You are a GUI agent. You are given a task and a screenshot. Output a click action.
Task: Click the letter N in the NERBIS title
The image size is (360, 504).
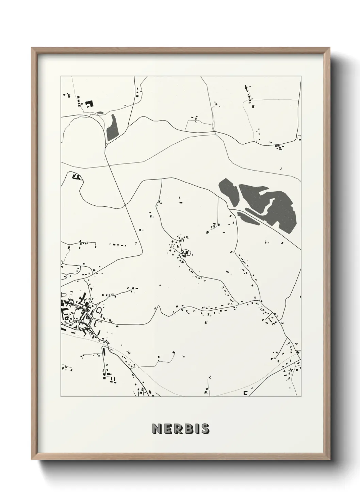[x=157, y=429]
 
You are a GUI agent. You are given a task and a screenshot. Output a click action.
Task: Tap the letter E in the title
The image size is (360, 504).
[x=167, y=429]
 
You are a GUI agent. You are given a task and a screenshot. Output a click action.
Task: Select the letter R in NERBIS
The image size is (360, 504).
[x=177, y=429]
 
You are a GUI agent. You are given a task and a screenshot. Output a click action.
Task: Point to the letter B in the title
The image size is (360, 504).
[x=187, y=429]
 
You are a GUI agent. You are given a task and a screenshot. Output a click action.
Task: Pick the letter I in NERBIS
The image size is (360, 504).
[x=196, y=429]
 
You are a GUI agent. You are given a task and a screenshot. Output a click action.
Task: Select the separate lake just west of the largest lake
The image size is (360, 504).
[x=228, y=193]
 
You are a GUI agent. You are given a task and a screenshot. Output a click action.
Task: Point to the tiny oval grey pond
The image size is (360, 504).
[x=100, y=112]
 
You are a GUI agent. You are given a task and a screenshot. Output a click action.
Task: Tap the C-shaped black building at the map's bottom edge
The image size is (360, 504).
[x=245, y=393]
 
